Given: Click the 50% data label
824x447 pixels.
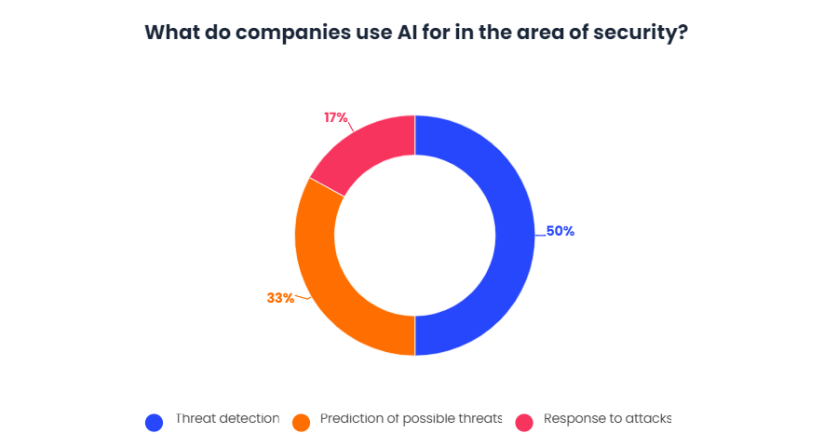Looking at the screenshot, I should pyautogui.click(x=560, y=231).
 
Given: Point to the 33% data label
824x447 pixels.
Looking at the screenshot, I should pyautogui.click(x=280, y=298).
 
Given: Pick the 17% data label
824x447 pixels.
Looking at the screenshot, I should pyautogui.click(x=336, y=117).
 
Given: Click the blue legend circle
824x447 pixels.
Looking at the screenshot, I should pyautogui.click(x=155, y=422).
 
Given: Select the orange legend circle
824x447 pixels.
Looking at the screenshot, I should pyautogui.click(x=301, y=422).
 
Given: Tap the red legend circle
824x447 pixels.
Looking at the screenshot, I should pyautogui.click(x=524, y=422).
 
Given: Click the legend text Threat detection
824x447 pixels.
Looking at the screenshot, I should pyautogui.click(x=227, y=419).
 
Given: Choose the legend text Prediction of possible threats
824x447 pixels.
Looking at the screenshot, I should pyautogui.click(x=411, y=419).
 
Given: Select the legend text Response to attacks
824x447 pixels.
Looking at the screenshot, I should pyautogui.click(x=607, y=419).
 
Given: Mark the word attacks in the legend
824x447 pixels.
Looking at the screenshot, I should pyautogui.click(x=647, y=419).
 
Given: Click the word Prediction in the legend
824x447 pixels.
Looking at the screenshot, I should pyautogui.click(x=349, y=419).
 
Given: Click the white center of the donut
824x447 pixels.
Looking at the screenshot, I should pyautogui.click(x=414, y=235).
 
